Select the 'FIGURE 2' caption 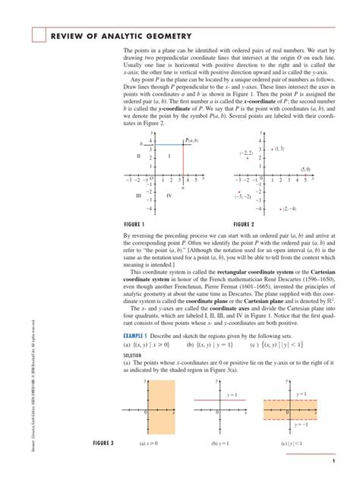(x=244, y=225)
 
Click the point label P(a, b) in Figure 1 (x=191, y=141)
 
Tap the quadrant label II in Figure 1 (x=139, y=156)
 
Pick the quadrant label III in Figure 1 (x=139, y=195)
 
